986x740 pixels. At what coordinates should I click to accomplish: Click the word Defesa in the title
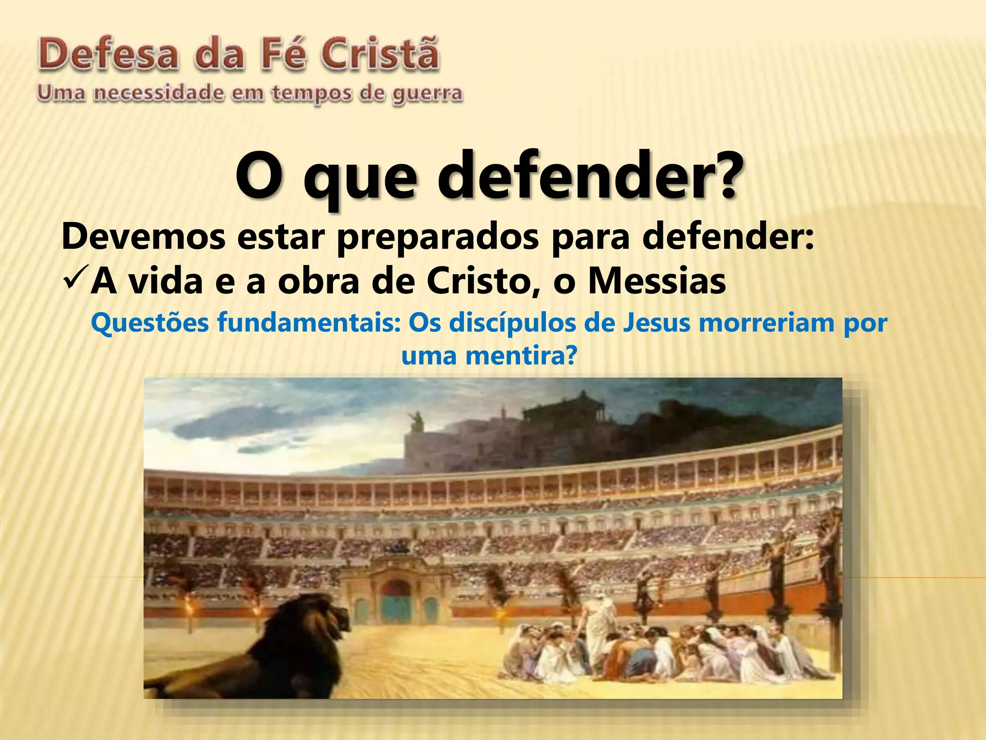tap(109, 55)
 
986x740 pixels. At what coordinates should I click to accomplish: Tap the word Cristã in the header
tap(380, 54)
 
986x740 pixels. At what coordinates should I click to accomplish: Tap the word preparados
tap(438, 237)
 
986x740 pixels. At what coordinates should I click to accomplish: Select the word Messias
tap(657, 281)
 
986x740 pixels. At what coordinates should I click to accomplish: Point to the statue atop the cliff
tap(415, 422)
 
